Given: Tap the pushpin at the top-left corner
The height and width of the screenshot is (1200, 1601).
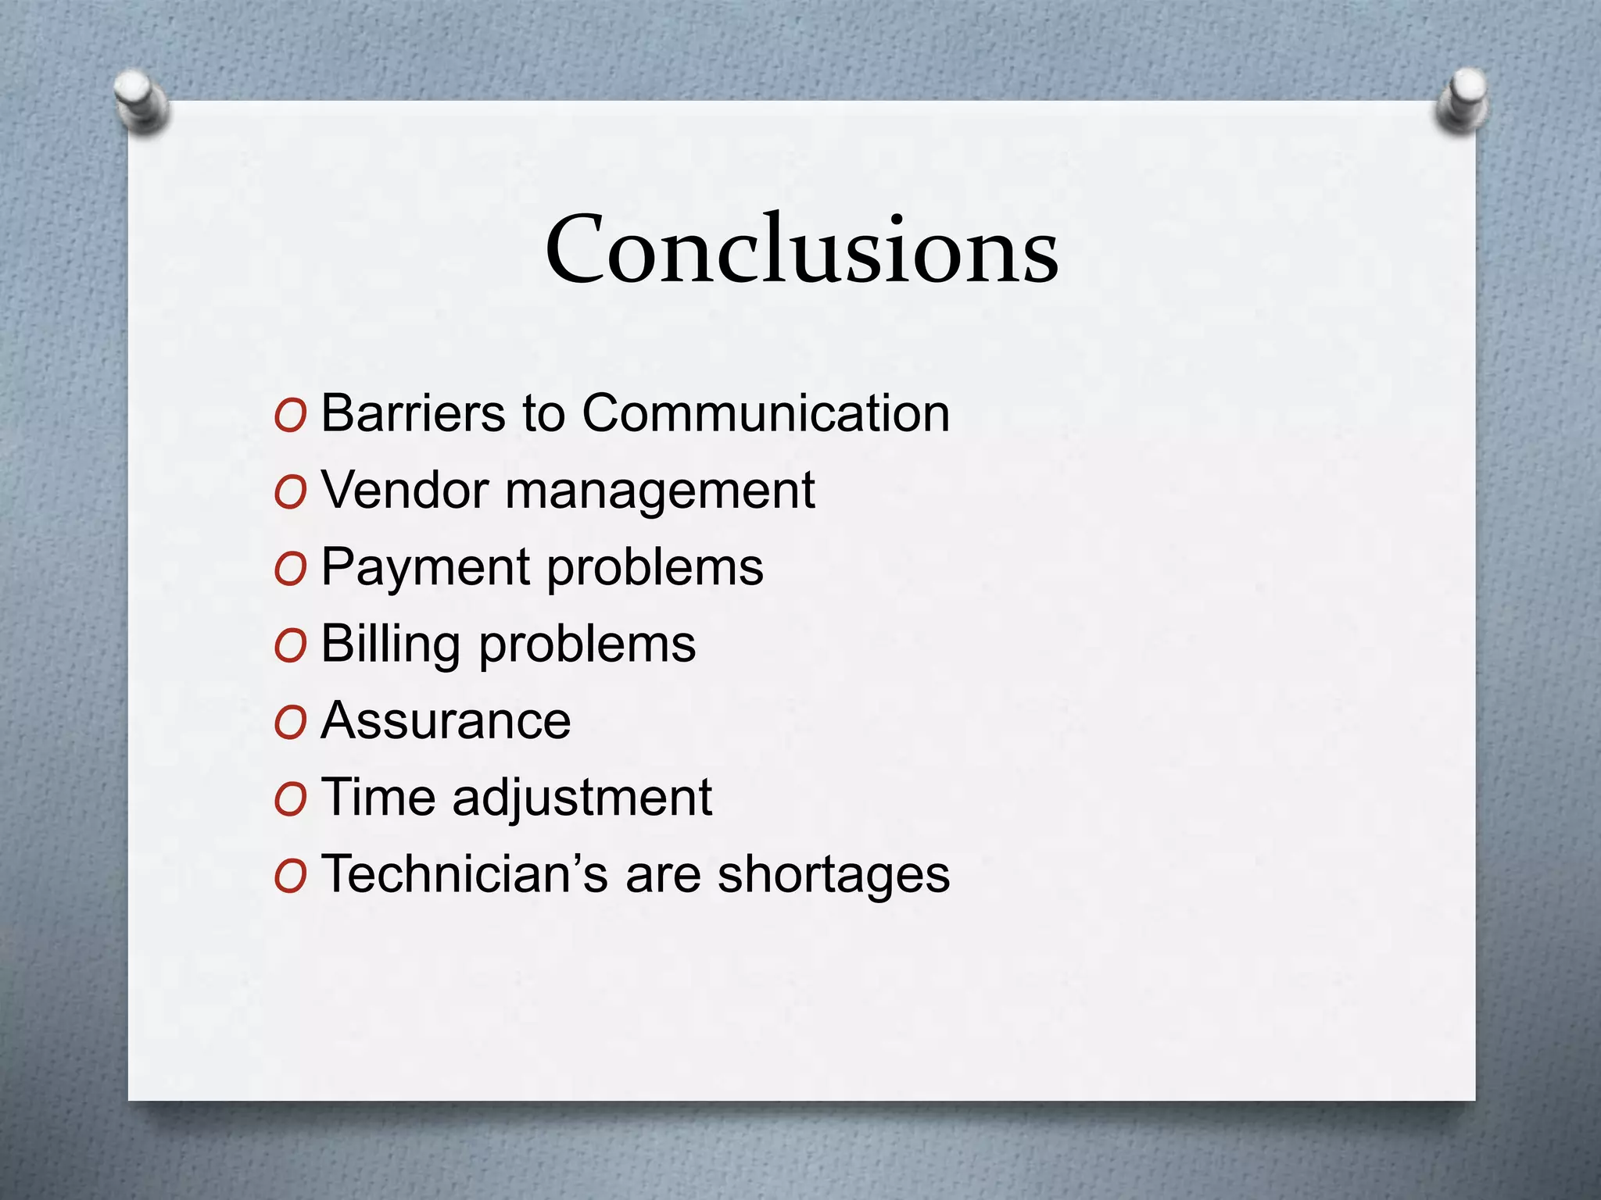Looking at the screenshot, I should tap(141, 100).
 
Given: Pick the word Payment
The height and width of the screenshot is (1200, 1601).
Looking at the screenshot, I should tap(425, 568).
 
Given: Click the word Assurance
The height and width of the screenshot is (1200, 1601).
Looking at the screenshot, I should tap(446, 720).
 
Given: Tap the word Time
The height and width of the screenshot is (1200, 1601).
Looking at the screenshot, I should tap(378, 797).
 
